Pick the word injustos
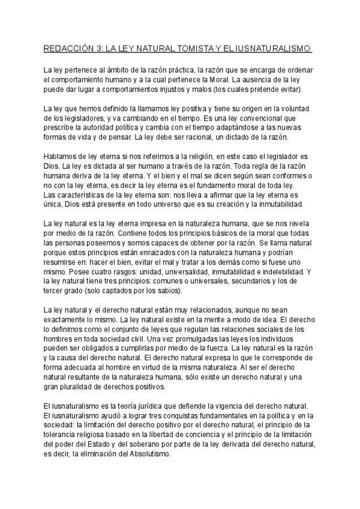(x=166, y=89)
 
